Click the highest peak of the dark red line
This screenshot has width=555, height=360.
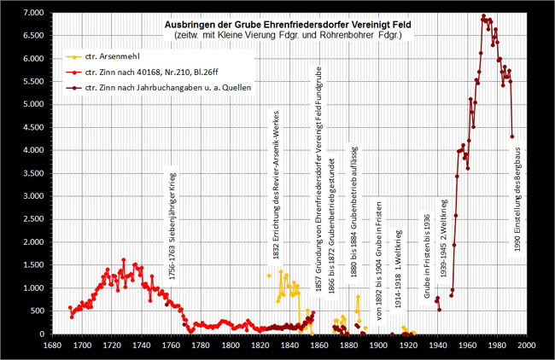(484, 16)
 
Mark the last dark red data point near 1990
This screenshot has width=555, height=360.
(512, 136)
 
